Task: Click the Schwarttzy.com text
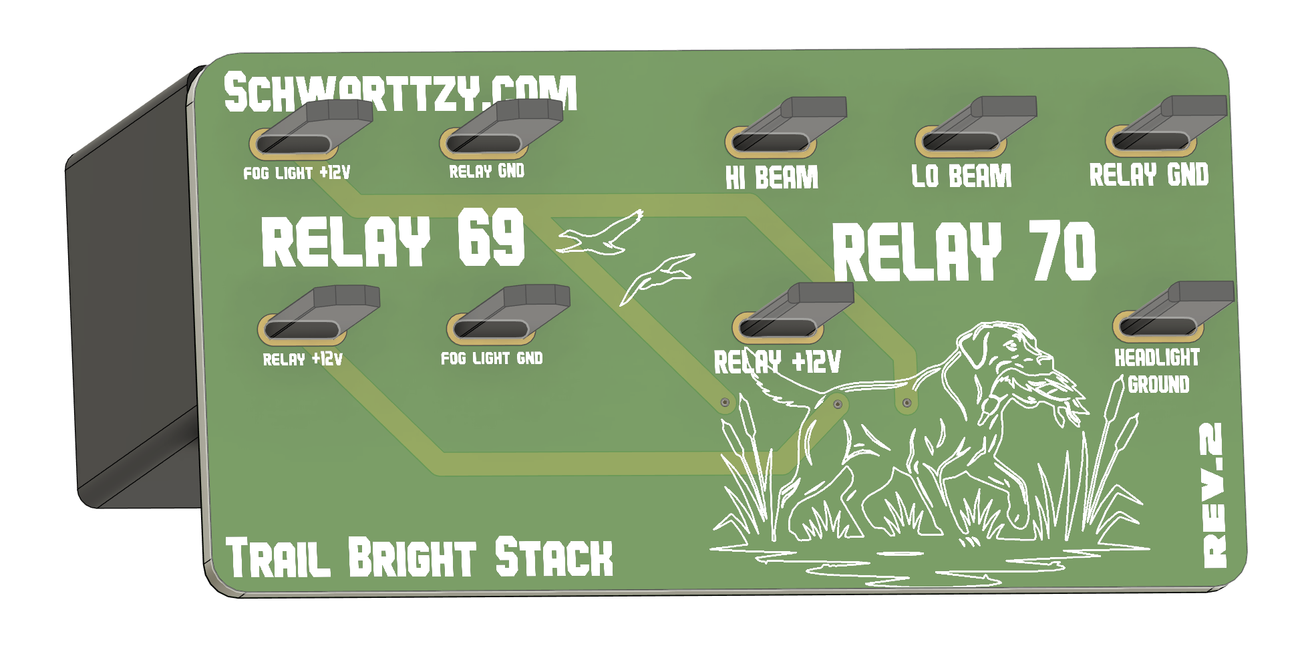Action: pyautogui.click(x=399, y=92)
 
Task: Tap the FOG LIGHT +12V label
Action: pyautogui.click(x=297, y=173)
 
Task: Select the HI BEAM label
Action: pyautogui.click(x=772, y=178)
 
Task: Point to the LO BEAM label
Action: pyautogui.click(x=961, y=176)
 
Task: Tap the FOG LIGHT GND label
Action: pyautogui.click(x=492, y=359)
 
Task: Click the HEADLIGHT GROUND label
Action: pyautogui.click(x=1157, y=371)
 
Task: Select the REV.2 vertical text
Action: pyautogui.click(x=1214, y=496)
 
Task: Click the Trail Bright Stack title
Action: pyautogui.click(x=420, y=557)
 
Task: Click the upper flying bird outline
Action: pyautogui.click(x=601, y=234)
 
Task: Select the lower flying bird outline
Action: pyautogui.click(x=658, y=276)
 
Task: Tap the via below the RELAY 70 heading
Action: pyautogui.click(x=907, y=403)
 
